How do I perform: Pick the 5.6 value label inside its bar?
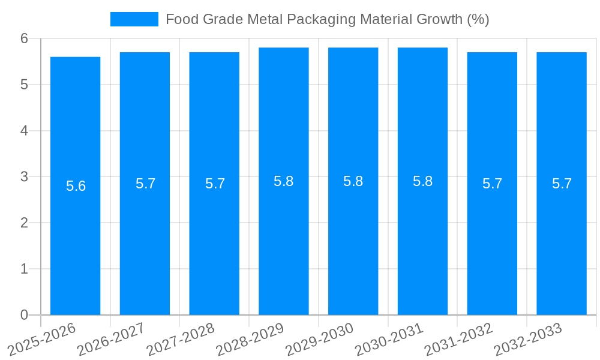[76, 186]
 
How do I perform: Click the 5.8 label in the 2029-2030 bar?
[353, 181]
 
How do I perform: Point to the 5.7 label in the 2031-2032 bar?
[492, 184]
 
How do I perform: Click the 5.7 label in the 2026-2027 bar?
[145, 184]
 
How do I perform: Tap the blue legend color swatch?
[134, 19]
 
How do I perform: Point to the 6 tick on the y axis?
[25, 38]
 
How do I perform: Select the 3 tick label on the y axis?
[25, 177]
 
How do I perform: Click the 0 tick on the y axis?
[25, 315]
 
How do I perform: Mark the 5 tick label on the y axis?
[25, 85]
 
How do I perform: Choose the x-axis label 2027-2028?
[180, 340]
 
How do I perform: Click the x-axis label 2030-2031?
[389, 340]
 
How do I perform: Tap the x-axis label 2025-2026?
[42, 340]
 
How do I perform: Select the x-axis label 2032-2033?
[528, 340]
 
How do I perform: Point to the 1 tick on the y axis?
[25, 269]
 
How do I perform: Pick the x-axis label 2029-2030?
[319, 340]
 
